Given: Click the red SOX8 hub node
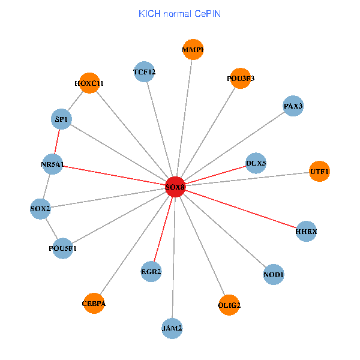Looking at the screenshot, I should [x=175, y=187].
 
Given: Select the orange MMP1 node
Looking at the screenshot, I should [x=193, y=50].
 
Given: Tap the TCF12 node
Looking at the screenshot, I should [x=145, y=73].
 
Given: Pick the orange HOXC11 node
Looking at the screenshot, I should [x=89, y=83].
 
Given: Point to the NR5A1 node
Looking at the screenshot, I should [x=53, y=164].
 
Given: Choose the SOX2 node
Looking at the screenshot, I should [x=41, y=209].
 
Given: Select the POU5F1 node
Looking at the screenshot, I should [x=63, y=248].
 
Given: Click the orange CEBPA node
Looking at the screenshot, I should [x=94, y=304].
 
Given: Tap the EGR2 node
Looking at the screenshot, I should [x=151, y=272].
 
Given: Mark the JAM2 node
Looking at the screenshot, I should [x=172, y=328].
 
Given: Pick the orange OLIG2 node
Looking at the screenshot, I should [x=229, y=305].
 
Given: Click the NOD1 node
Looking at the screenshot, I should [x=274, y=275].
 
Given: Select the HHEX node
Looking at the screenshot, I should [x=306, y=231].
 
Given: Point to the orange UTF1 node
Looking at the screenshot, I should [x=319, y=172].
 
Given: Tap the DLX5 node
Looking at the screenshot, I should [x=256, y=163].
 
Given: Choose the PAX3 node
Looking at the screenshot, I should [x=293, y=106].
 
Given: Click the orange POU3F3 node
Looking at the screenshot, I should [x=240, y=78].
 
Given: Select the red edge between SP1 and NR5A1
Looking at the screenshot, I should [x=58, y=142].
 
